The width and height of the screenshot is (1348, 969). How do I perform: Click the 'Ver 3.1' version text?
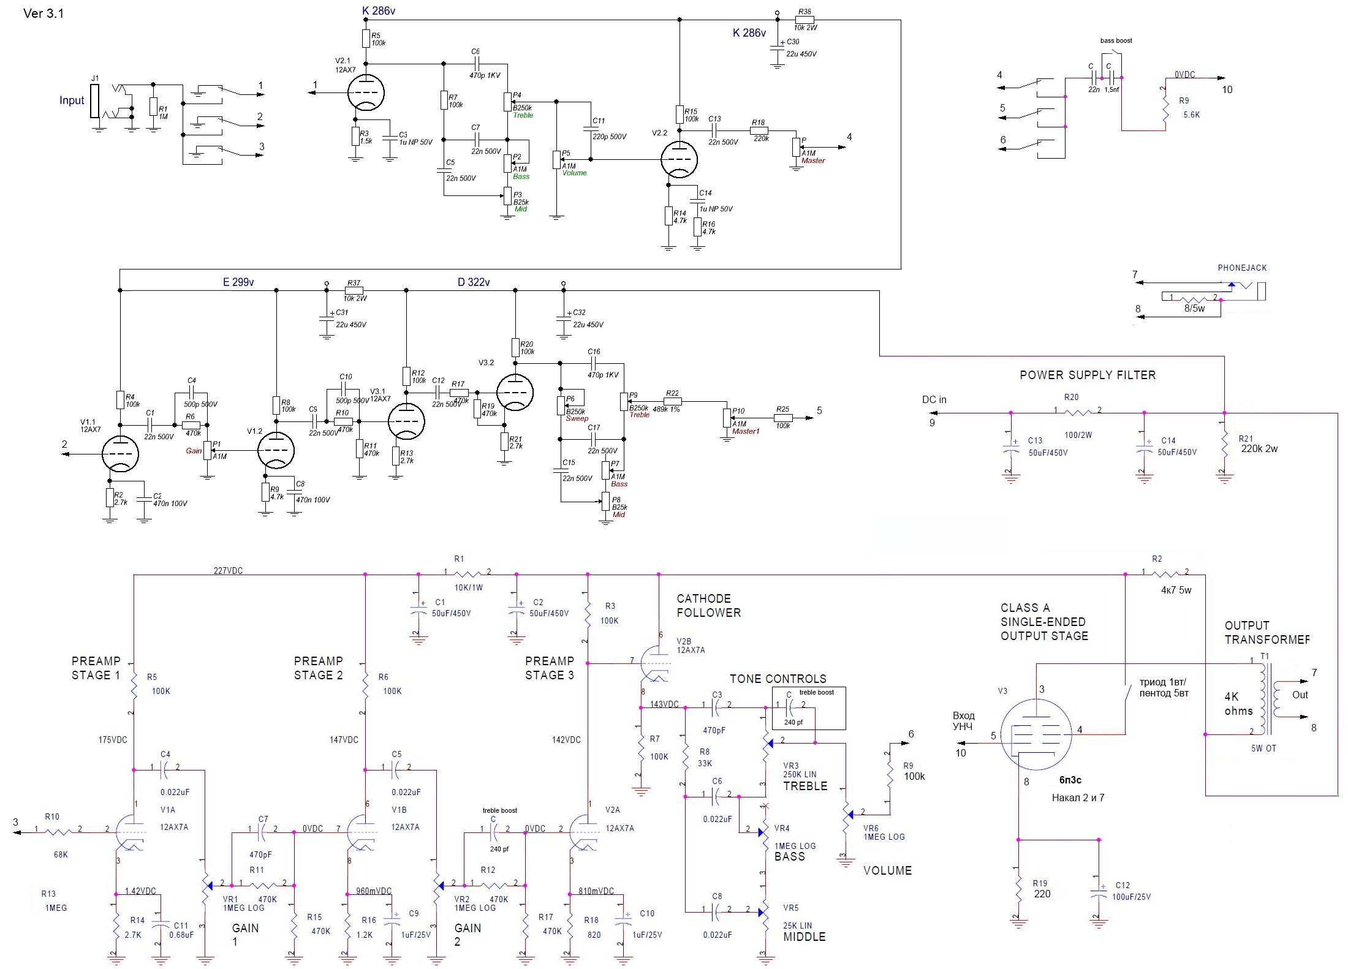pyautogui.click(x=44, y=13)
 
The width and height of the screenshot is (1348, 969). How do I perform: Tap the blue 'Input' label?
pyautogui.click(x=72, y=100)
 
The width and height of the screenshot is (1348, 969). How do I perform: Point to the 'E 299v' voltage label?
pyautogui.click(x=238, y=282)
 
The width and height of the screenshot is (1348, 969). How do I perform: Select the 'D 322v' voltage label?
pyautogui.click(x=474, y=282)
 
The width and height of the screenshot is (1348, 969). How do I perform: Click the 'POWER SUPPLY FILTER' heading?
pyautogui.click(x=1088, y=375)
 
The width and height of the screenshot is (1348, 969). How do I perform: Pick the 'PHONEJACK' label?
pyautogui.click(x=1242, y=268)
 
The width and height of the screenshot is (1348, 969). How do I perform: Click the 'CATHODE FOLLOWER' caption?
pyautogui.click(x=708, y=605)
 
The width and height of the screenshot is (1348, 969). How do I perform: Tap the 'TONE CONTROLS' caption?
pyautogui.click(x=778, y=679)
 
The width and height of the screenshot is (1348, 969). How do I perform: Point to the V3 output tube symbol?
pyautogui.click(x=1036, y=734)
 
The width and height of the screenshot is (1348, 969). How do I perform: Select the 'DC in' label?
pyautogui.click(x=934, y=400)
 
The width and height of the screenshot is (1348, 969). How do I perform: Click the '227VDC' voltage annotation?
pyautogui.click(x=228, y=571)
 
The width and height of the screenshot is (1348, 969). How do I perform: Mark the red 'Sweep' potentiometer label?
pyautogui.click(x=577, y=418)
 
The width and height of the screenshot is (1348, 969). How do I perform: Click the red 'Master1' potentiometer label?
pyautogui.click(x=746, y=431)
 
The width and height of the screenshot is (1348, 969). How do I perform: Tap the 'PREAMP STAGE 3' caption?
pyautogui.click(x=550, y=668)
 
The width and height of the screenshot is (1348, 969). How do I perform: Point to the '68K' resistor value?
pyautogui.click(x=61, y=854)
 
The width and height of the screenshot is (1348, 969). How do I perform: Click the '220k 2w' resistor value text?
pyautogui.click(x=1259, y=448)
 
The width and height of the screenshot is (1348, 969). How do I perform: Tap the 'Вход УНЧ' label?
pyautogui.click(x=963, y=721)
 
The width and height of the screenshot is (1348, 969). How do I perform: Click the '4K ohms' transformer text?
pyautogui.click(x=1238, y=704)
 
